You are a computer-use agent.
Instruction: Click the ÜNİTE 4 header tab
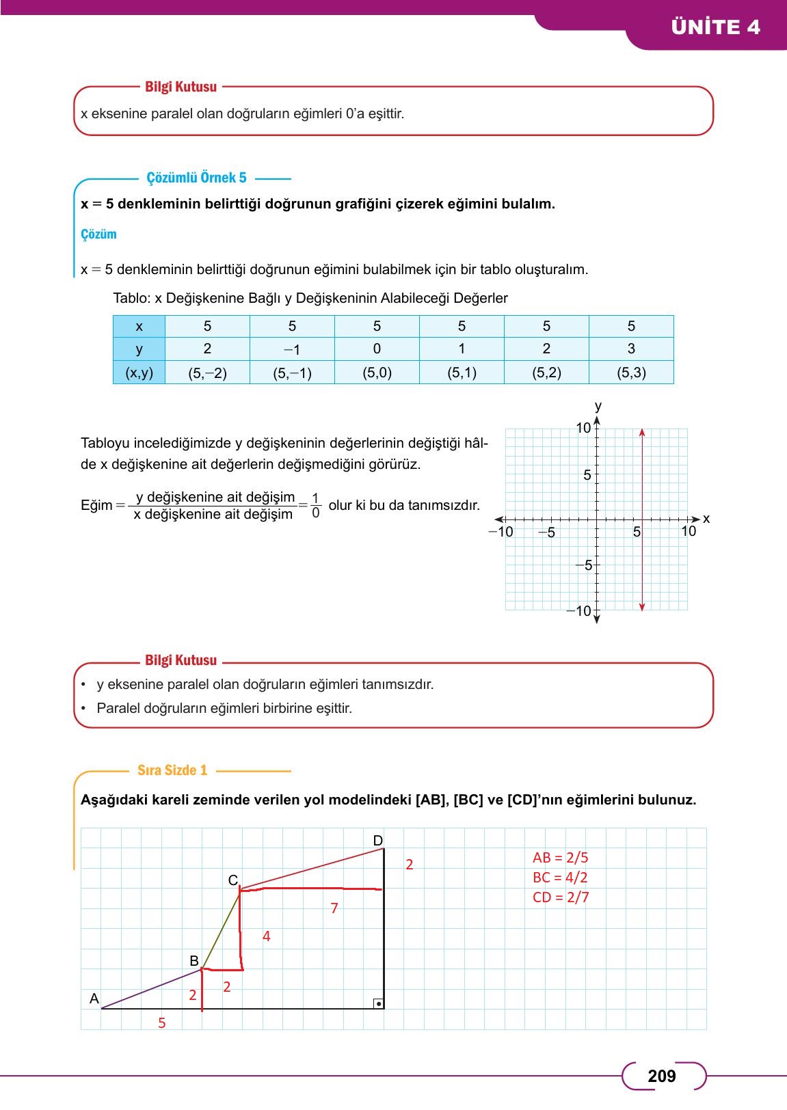click(715, 27)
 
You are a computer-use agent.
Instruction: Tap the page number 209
click(661, 1077)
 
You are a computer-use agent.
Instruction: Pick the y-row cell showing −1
click(292, 349)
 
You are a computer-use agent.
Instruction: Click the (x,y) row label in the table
click(139, 373)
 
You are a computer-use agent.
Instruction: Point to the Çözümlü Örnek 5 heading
click(196, 178)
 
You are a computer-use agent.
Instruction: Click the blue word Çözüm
click(98, 234)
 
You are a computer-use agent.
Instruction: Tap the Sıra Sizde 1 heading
click(172, 770)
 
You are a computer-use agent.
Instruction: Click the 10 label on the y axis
click(583, 429)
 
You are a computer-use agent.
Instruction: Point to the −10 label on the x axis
click(501, 531)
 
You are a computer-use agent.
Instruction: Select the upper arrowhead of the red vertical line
click(642, 433)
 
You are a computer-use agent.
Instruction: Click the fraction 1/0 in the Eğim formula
click(315, 505)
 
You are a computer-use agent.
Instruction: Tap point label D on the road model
click(377, 840)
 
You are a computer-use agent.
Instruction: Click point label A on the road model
click(94, 999)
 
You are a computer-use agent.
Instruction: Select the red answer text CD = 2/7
click(561, 897)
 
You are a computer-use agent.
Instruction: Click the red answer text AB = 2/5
click(560, 857)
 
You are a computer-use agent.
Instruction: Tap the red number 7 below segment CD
click(334, 908)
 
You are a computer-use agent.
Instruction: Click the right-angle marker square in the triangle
click(378, 1003)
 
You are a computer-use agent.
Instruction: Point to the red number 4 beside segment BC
click(267, 936)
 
